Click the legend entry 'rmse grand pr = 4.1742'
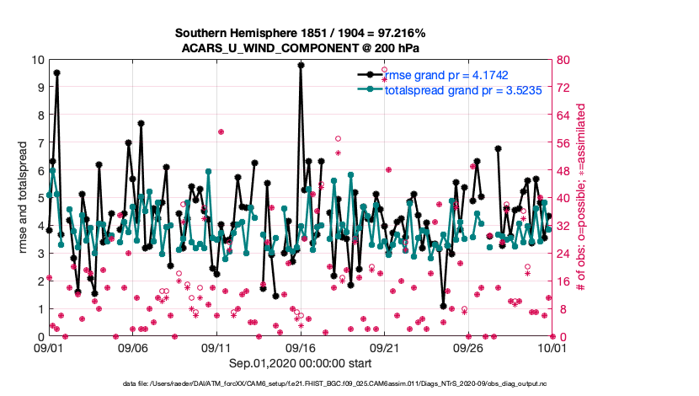[446, 75]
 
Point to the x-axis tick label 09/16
[301, 347]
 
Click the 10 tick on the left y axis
[38, 61]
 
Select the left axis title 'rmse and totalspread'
[24, 199]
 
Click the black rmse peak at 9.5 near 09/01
[56, 73]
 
